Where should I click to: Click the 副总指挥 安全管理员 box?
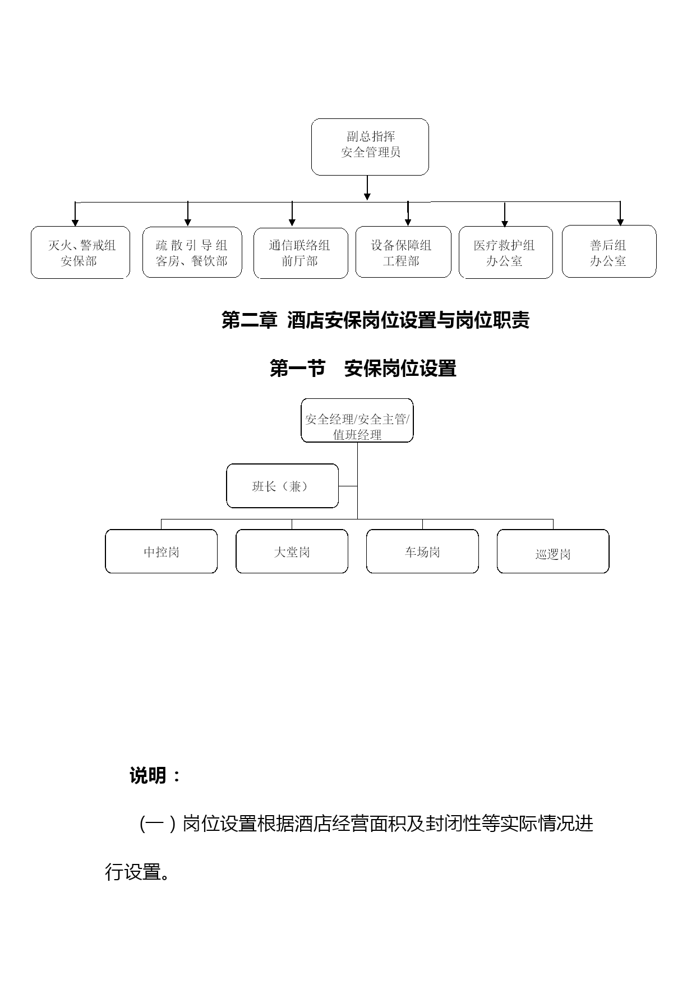(x=370, y=147)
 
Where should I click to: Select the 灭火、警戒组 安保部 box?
(x=80, y=252)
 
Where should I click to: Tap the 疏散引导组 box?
(x=192, y=252)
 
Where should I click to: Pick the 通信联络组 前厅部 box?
(x=301, y=253)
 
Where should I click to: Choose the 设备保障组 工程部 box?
(x=403, y=252)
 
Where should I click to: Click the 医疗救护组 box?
(x=506, y=252)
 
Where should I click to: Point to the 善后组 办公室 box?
(x=609, y=251)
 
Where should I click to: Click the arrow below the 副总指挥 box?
(x=367, y=188)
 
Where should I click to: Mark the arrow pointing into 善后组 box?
(x=620, y=213)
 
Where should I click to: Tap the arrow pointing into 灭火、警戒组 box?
(x=75, y=214)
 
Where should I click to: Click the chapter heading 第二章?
(x=250, y=320)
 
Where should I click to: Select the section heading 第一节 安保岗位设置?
(x=363, y=369)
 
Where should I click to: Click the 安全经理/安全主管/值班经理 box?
(x=357, y=420)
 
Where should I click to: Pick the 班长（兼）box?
(x=283, y=486)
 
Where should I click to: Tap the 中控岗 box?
(x=162, y=551)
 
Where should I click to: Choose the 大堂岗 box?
(x=292, y=551)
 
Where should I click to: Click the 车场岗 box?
(x=422, y=551)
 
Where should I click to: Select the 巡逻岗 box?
(x=553, y=551)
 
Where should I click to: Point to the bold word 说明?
(x=148, y=776)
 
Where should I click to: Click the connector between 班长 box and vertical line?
(x=348, y=486)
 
